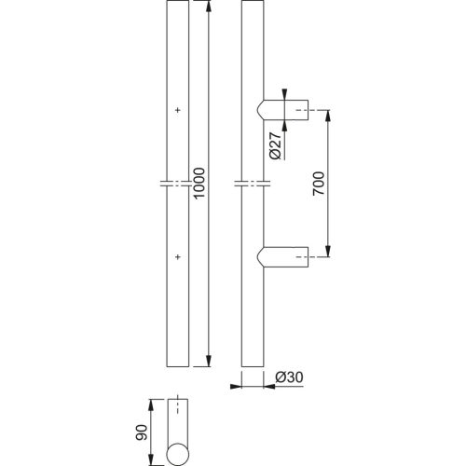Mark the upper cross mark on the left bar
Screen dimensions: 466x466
click(176, 111)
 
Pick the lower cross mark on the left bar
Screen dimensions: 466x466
click(176, 254)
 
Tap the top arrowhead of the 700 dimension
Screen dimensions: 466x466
click(326, 116)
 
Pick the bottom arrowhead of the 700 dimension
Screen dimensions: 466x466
click(326, 250)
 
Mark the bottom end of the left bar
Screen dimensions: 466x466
click(176, 363)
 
